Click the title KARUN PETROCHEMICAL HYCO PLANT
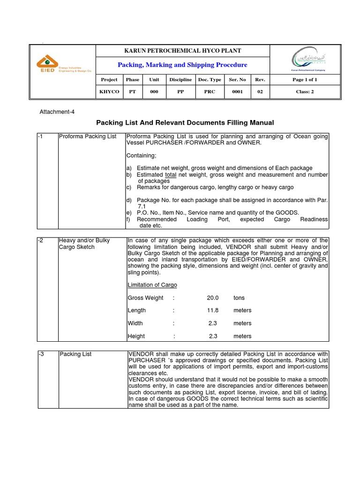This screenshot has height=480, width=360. tap(182, 51)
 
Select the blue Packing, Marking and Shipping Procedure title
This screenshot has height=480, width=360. tap(182, 65)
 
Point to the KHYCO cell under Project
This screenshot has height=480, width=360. tap(109, 92)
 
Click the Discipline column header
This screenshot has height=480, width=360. tap(180, 80)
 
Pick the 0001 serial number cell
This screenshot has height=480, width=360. tap(237, 92)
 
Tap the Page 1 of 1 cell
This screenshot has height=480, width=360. tap(305, 80)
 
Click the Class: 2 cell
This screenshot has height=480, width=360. tap(305, 92)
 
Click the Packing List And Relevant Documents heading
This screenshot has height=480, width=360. tap(185, 123)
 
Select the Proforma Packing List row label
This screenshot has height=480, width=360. tap(88, 136)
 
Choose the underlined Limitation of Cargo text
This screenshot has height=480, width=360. tap(152, 285)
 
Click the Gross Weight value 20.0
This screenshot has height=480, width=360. tap(213, 298)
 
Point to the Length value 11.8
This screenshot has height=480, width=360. tap(213, 310)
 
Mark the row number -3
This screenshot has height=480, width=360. tap(40, 354)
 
